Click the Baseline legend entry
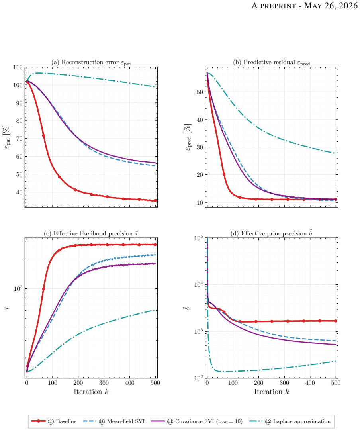click(x=54, y=421)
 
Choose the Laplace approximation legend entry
click(x=290, y=421)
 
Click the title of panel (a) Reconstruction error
click(x=91, y=63)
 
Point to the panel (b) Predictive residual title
click(x=272, y=63)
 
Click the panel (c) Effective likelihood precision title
click(x=91, y=233)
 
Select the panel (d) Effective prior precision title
click(x=272, y=233)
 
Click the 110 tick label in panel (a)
click(x=18, y=67)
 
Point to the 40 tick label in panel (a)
click(x=20, y=192)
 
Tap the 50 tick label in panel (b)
click(x=200, y=92)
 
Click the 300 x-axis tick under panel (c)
click(x=104, y=383)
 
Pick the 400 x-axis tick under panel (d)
click(x=310, y=383)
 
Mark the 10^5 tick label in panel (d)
click(x=198, y=238)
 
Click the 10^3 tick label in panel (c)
click(x=18, y=288)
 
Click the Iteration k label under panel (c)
click(x=91, y=392)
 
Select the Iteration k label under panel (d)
click(x=272, y=392)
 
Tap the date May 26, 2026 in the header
click(x=331, y=6)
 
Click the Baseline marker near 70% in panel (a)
click(x=43, y=135)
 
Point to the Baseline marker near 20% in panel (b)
click(x=224, y=174)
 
